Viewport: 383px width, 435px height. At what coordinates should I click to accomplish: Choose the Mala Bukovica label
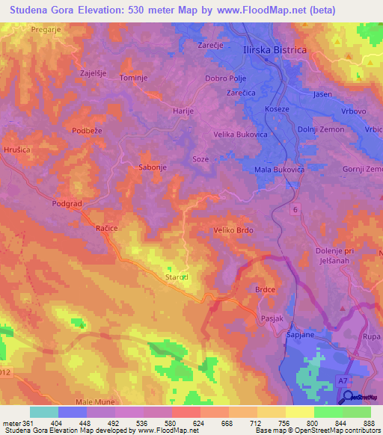coord(279,170)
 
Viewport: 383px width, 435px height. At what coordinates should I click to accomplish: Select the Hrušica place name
coord(16,149)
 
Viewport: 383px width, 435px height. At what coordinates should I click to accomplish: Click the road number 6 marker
coord(295,212)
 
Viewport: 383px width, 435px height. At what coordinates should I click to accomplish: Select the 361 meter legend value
coord(24,423)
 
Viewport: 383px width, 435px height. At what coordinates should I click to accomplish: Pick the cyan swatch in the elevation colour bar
coord(44,412)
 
